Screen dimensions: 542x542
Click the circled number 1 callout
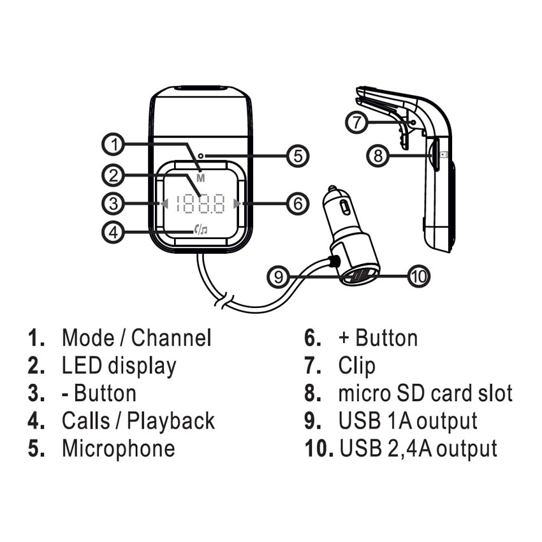click(x=113, y=145)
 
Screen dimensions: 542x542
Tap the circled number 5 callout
click(x=297, y=155)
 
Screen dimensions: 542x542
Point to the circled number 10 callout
click(x=418, y=276)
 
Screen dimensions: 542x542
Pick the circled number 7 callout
click(x=358, y=121)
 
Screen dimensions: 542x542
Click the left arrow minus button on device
click(x=165, y=204)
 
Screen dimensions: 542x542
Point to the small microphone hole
click(x=200, y=155)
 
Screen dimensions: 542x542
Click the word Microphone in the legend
click(x=118, y=448)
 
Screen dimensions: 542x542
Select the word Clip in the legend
click(x=357, y=365)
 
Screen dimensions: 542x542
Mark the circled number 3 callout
click(x=113, y=204)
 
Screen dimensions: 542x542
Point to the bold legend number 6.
click(x=312, y=337)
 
